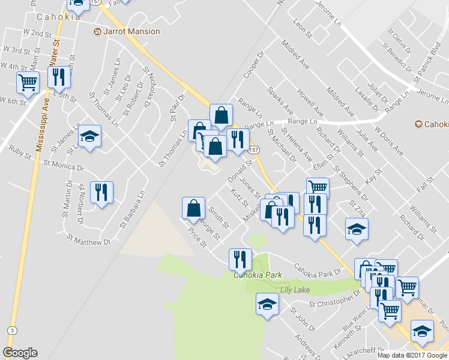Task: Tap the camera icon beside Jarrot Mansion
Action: (97, 31)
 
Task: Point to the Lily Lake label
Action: (292, 289)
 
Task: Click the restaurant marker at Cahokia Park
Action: (240, 259)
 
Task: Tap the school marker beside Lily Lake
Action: (267, 304)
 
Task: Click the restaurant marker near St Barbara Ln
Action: (101, 192)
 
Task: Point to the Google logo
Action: (20, 353)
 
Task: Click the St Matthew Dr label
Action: (90, 239)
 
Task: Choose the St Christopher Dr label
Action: (334, 302)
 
